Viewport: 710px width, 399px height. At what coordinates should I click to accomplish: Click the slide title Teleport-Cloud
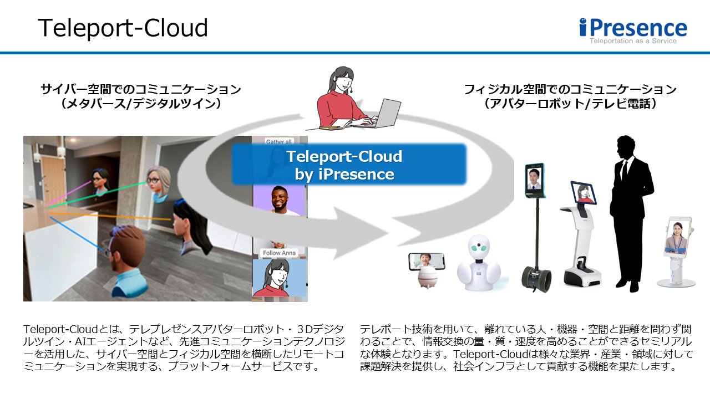tap(123, 28)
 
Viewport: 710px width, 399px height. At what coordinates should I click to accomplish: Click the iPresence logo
tap(633, 28)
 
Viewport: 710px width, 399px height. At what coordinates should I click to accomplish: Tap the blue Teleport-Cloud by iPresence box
tap(349, 165)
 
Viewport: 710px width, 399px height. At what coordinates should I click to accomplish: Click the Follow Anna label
tap(280, 253)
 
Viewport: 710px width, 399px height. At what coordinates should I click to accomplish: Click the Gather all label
tap(279, 142)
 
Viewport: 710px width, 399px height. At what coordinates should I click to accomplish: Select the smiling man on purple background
tap(280, 200)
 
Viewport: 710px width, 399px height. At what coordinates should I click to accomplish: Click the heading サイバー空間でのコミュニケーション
tap(141, 89)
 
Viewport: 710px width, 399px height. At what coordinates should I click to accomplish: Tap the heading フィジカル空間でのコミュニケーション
tap(570, 89)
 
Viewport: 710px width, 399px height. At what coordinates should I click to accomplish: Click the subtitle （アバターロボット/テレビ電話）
tap(570, 104)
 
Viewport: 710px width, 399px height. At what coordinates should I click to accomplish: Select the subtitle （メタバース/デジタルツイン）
tap(141, 104)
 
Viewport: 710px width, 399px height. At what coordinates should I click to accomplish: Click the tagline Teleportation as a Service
tap(633, 41)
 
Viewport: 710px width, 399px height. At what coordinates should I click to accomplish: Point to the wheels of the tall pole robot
tap(536, 278)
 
